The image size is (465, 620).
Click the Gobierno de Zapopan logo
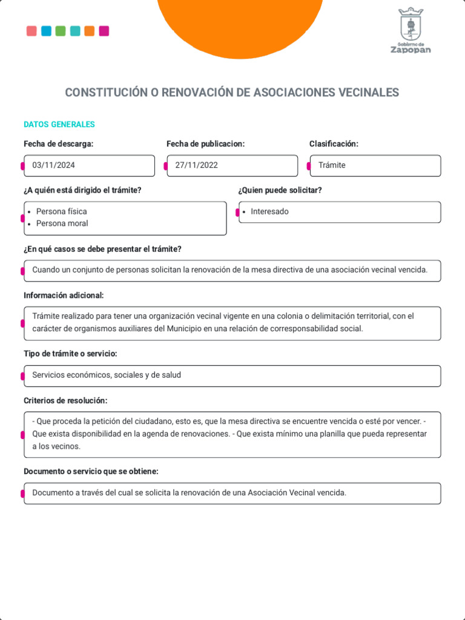(x=411, y=31)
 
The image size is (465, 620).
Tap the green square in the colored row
(x=61, y=31)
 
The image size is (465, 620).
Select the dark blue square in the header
(x=46, y=31)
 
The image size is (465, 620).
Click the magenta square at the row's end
(x=104, y=31)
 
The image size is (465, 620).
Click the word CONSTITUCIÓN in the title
(x=106, y=93)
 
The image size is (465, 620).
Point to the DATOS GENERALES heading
(x=59, y=125)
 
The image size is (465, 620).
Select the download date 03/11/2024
(x=54, y=165)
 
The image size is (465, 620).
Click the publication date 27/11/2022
(x=197, y=165)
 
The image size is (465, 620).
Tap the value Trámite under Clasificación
(x=332, y=165)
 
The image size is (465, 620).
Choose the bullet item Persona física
(x=61, y=212)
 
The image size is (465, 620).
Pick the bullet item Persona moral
(x=62, y=223)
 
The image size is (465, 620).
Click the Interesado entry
(x=269, y=212)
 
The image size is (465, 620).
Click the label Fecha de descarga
(x=59, y=144)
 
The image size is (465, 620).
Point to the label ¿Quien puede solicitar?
(x=280, y=190)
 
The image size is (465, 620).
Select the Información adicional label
(x=64, y=295)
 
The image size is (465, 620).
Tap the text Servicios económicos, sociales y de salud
(x=107, y=375)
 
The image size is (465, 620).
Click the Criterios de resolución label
(x=65, y=401)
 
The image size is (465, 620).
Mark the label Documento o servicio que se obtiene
(x=91, y=472)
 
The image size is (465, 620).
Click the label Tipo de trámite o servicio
(x=70, y=354)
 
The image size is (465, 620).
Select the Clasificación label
(x=334, y=144)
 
